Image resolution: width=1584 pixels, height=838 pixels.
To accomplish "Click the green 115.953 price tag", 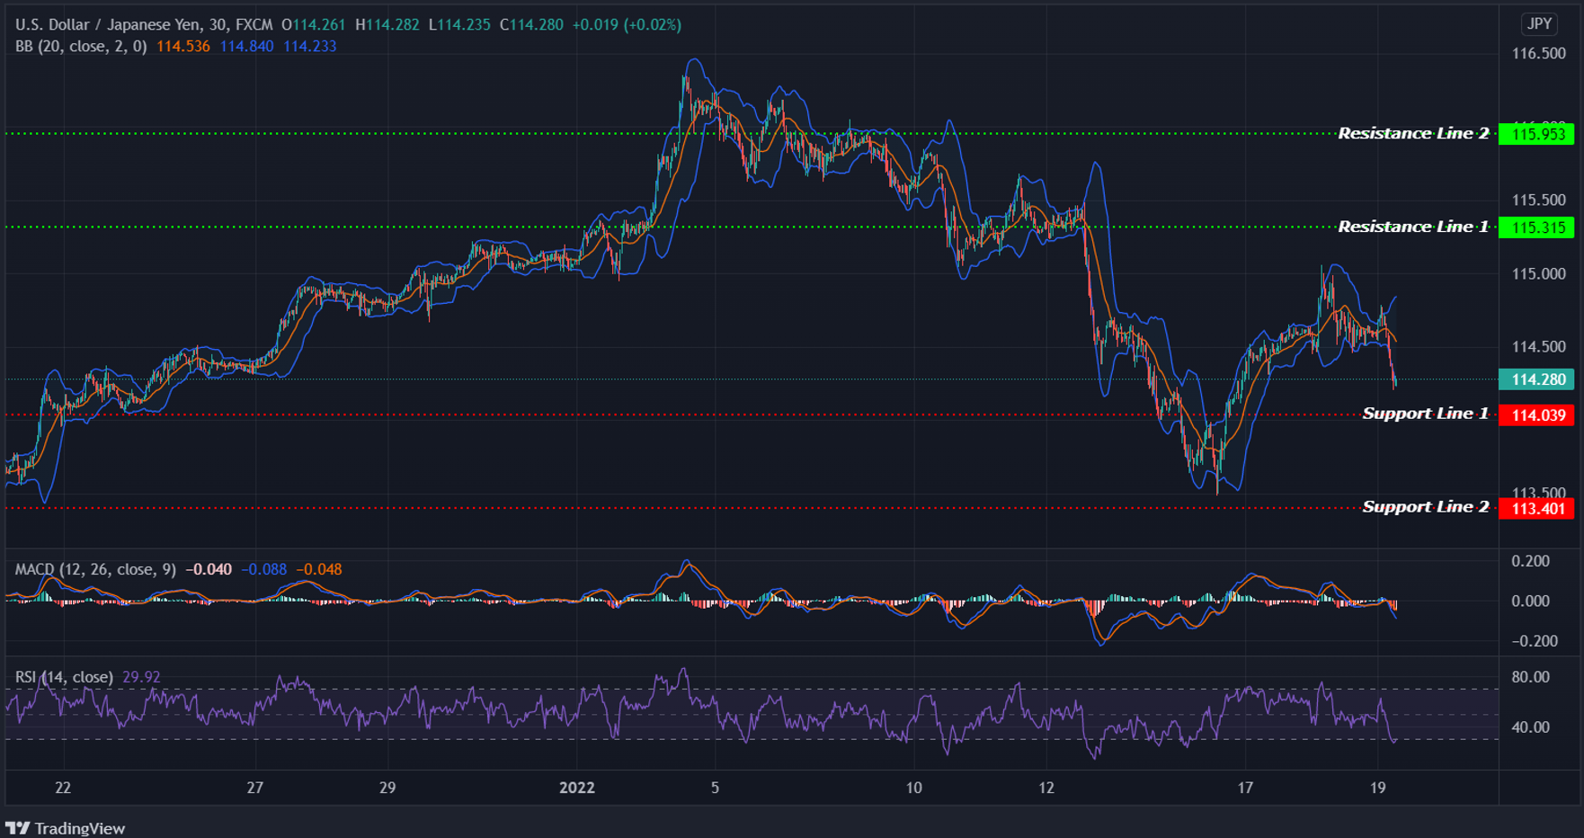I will (x=1538, y=134).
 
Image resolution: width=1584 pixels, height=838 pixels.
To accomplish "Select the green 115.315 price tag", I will (x=1538, y=227).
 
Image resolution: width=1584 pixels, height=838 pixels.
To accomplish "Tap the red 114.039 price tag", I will (x=1538, y=415).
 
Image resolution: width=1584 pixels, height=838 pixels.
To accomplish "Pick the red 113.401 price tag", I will (x=1538, y=508).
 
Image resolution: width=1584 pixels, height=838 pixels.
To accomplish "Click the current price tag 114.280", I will (x=1538, y=379).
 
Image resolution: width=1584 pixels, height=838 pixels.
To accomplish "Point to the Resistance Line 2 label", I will (x=1413, y=133).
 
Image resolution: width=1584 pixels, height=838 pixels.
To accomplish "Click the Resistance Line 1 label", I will (x=1413, y=227).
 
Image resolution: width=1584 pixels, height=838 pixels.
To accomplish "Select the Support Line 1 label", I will (x=1425, y=414).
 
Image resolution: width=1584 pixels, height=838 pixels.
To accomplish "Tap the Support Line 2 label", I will (x=1425, y=507).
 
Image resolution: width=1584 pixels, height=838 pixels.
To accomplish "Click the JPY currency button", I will (x=1539, y=24).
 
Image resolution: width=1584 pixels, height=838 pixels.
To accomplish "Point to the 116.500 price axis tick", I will (x=1538, y=54).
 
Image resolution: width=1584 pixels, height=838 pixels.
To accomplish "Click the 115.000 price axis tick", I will (x=1538, y=273).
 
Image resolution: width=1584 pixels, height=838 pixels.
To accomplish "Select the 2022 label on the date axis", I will (x=577, y=788).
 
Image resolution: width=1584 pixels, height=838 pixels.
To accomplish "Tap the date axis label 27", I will (x=255, y=788).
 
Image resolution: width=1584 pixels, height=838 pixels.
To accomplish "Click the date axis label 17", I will (x=1245, y=788).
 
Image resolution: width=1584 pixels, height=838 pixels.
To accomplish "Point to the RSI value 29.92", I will (x=141, y=677).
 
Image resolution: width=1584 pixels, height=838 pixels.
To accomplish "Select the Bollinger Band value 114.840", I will (x=246, y=46).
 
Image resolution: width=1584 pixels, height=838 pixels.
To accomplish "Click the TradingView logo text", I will (x=79, y=828).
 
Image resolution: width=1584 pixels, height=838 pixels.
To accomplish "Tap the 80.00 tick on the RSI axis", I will (x=1530, y=677).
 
